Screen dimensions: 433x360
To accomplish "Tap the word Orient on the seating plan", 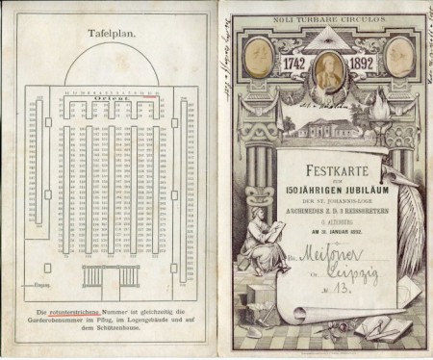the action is tap(108, 99).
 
